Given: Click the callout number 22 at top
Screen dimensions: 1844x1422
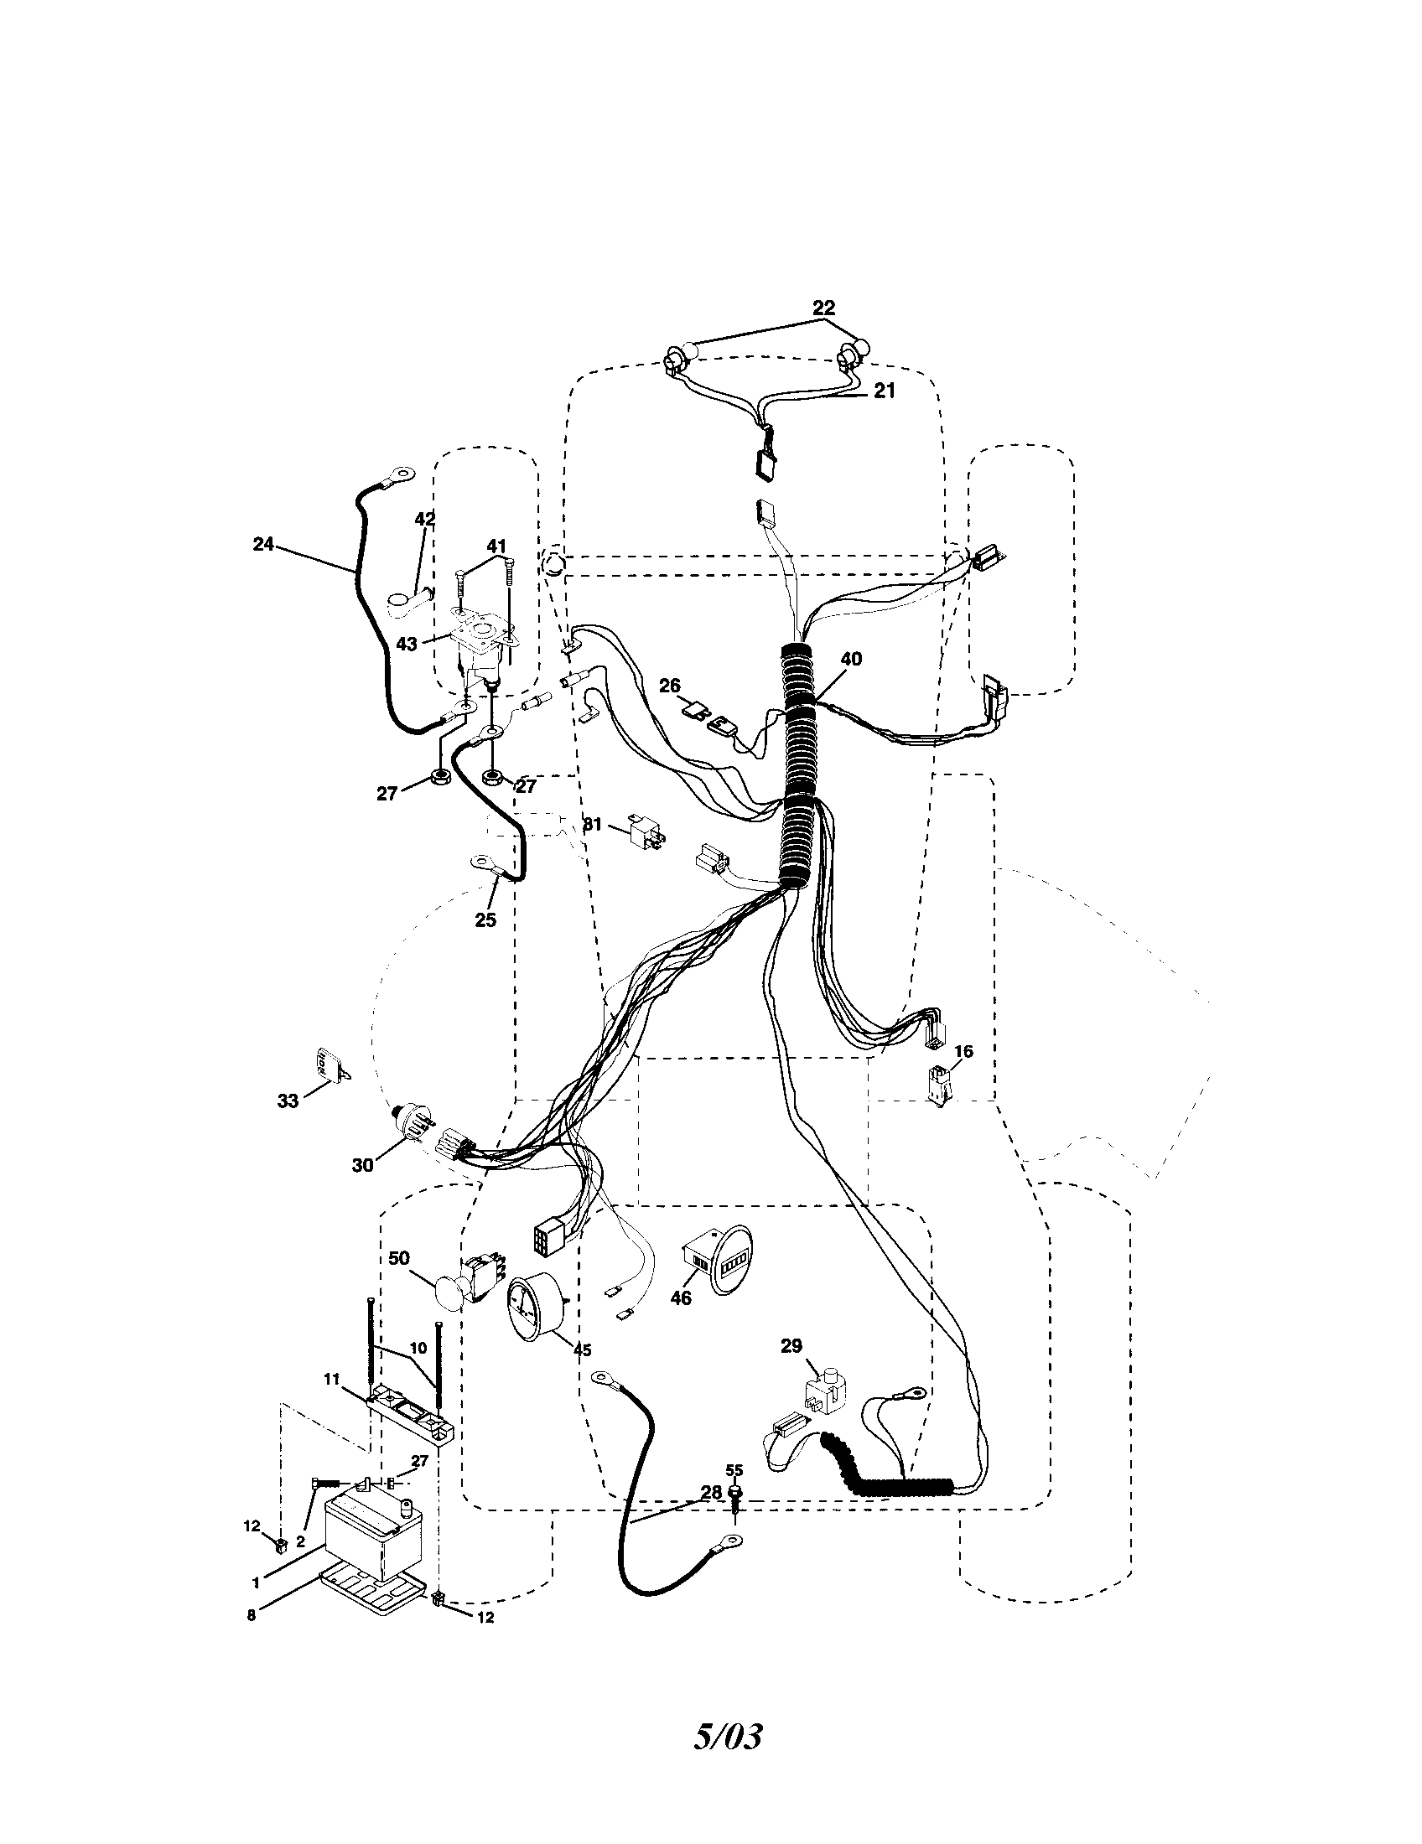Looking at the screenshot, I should click(823, 308).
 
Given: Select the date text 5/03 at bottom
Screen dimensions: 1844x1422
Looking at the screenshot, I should click(728, 1731).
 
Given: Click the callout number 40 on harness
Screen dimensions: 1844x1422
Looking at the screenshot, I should click(851, 659).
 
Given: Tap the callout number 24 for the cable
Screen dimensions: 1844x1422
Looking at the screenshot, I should click(263, 545).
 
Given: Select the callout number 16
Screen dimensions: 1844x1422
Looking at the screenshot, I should click(963, 1051).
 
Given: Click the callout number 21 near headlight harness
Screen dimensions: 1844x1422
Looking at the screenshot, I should click(883, 391).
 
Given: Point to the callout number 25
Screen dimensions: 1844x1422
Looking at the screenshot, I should click(485, 919).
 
